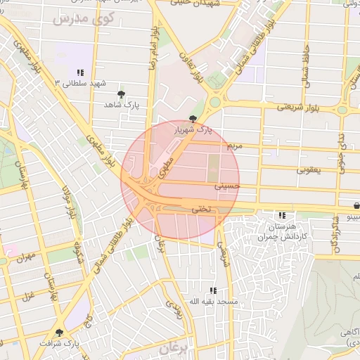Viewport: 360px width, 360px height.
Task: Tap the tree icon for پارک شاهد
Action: click(122, 94)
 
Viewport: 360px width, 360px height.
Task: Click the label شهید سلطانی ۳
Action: click(79, 83)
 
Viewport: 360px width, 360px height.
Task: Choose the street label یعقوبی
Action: click(308, 169)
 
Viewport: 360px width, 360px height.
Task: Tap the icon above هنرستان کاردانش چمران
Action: click(282, 215)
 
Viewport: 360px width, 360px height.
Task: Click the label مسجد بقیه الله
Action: click(212, 302)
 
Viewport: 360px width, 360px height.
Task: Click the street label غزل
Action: click(29, 295)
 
